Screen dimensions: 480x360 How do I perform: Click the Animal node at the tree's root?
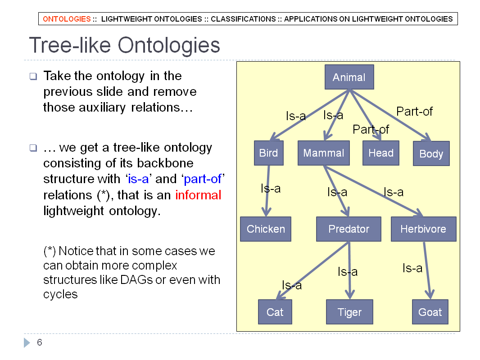[x=349, y=77]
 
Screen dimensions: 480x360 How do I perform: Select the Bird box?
[x=269, y=153]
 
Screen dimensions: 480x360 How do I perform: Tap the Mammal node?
[x=324, y=153]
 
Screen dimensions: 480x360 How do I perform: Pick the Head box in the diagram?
[x=381, y=153]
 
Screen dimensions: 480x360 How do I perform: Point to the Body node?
[x=431, y=153]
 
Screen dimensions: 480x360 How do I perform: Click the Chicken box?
[x=266, y=229]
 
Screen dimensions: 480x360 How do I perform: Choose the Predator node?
[x=349, y=229]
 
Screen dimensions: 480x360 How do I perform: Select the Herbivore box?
[x=424, y=229]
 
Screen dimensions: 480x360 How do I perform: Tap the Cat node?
[x=275, y=312]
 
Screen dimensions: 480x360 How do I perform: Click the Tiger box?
[x=349, y=312]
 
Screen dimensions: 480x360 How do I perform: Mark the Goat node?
[x=430, y=312]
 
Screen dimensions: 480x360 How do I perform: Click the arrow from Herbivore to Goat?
[x=427, y=270]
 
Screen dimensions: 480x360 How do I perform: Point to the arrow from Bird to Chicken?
[x=267, y=191]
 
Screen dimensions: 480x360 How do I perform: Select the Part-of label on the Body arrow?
[x=415, y=111]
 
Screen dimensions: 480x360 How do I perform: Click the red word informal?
[x=198, y=195]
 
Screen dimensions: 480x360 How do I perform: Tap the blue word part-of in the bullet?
[x=203, y=179]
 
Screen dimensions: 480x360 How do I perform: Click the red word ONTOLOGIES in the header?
[x=67, y=19]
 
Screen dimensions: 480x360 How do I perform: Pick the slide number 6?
[x=40, y=342]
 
